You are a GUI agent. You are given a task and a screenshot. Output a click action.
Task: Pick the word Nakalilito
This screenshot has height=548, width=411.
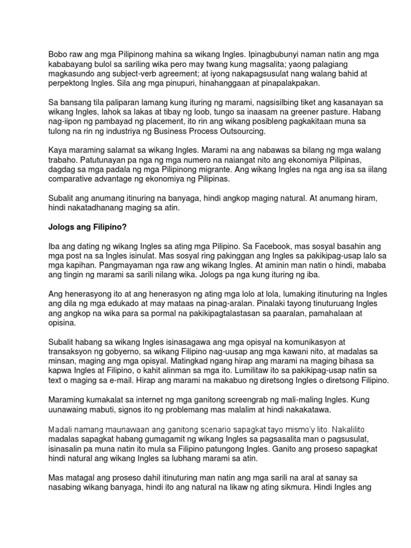pyautogui.click(x=347, y=429)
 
